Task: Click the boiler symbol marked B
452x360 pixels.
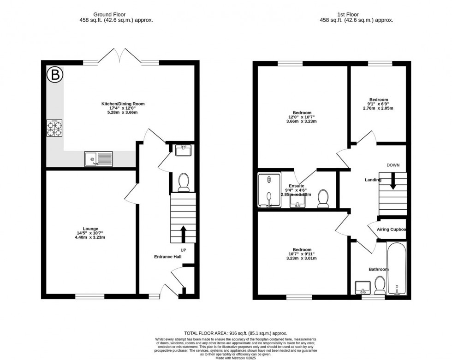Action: coord(55,75)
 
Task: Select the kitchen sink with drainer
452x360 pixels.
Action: coord(98,159)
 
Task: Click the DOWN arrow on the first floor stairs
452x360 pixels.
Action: coord(393,181)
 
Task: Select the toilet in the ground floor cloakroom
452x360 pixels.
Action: coord(184,182)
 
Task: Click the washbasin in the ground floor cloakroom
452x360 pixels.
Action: coord(184,150)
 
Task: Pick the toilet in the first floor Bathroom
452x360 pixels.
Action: coord(380,285)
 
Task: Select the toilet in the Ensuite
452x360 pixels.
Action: coord(323,199)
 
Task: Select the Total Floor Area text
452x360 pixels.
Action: coord(235,333)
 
